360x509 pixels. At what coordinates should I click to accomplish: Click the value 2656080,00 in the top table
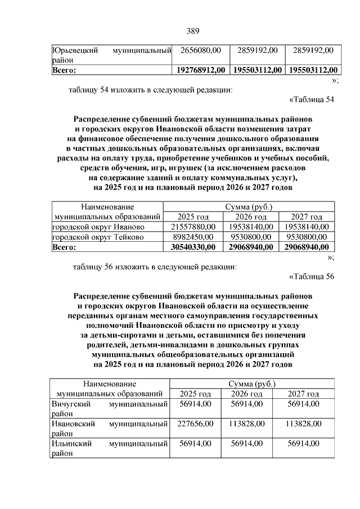click(201, 51)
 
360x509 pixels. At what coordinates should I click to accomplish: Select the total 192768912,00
click(201, 70)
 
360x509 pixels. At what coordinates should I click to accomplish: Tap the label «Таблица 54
click(311, 100)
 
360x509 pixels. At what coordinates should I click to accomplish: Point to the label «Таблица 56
click(311, 276)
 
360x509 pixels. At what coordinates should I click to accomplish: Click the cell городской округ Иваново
click(98, 227)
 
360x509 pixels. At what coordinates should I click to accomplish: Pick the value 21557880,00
click(193, 227)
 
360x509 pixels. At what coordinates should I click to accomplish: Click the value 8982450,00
click(193, 237)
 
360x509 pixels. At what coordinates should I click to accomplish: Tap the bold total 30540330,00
click(193, 247)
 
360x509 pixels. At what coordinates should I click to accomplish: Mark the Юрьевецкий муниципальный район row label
click(111, 56)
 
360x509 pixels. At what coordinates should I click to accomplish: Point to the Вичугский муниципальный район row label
click(110, 409)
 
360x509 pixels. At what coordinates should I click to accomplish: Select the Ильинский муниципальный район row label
click(110, 448)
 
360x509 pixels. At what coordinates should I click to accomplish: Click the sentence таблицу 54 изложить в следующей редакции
click(150, 89)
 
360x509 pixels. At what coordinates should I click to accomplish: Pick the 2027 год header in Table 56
click(303, 394)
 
